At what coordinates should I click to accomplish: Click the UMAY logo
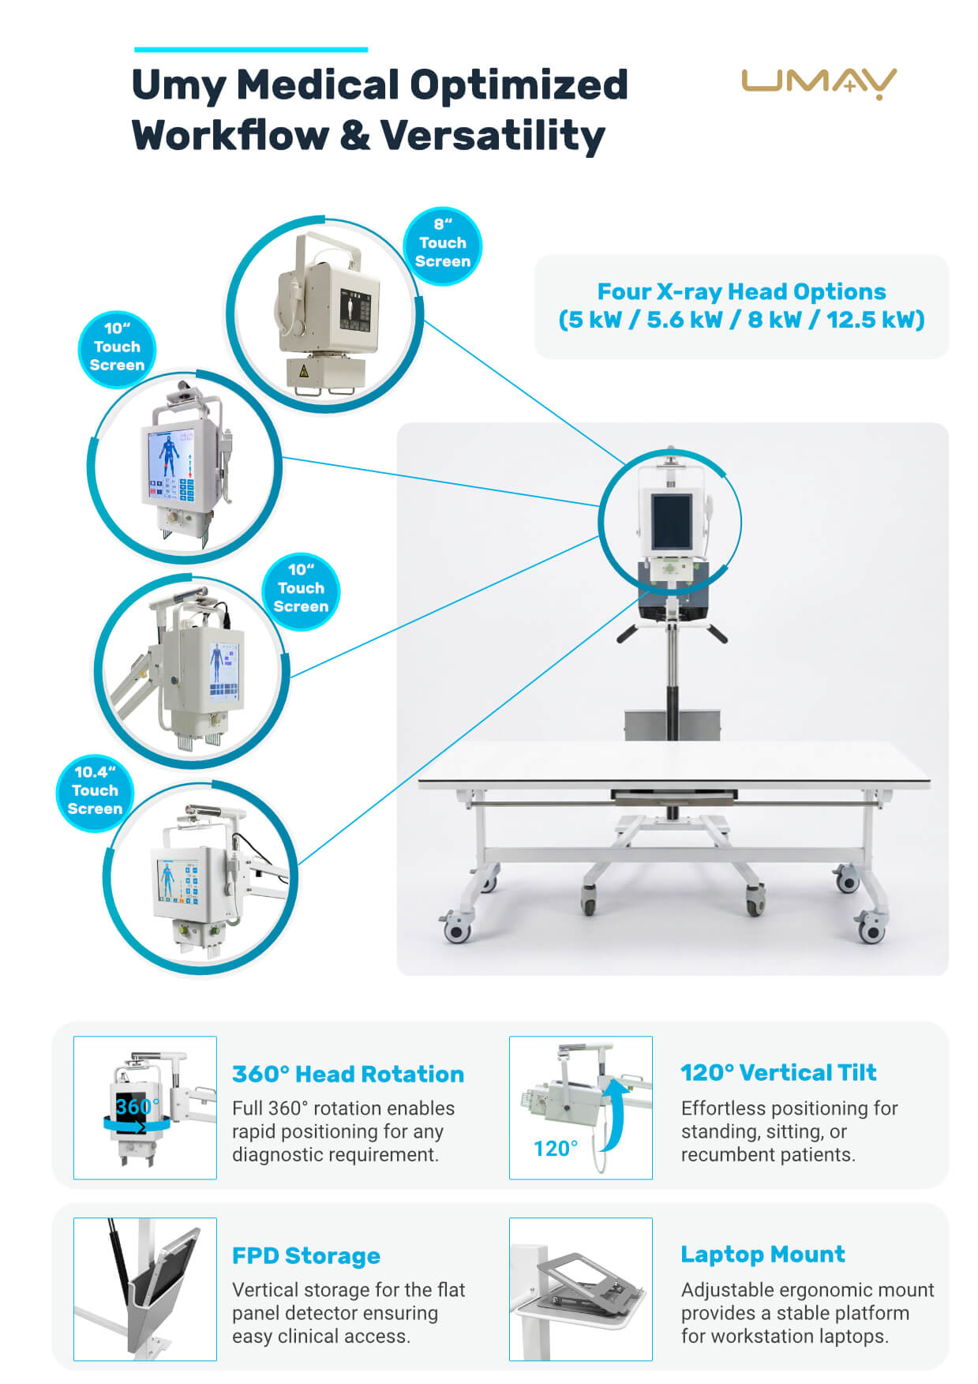tap(819, 84)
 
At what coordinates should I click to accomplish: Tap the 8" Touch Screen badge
tap(442, 246)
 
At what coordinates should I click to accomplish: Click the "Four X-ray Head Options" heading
tap(741, 291)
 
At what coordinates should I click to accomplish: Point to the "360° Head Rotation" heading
tap(348, 1074)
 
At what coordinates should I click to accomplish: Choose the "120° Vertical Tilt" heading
tap(778, 1072)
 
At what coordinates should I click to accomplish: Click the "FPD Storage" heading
tap(306, 1255)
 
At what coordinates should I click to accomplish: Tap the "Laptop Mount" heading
tap(763, 1254)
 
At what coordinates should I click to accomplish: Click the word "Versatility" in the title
tap(493, 135)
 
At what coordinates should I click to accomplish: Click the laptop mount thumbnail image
tap(581, 1289)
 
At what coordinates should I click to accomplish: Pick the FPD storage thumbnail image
tap(145, 1289)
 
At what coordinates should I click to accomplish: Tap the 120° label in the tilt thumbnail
tap(556, 1149)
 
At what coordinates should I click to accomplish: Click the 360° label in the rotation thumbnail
tap(137, 1106)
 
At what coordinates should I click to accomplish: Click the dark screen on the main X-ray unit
tap(670, 523)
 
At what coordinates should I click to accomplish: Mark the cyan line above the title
tap(251, 50)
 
